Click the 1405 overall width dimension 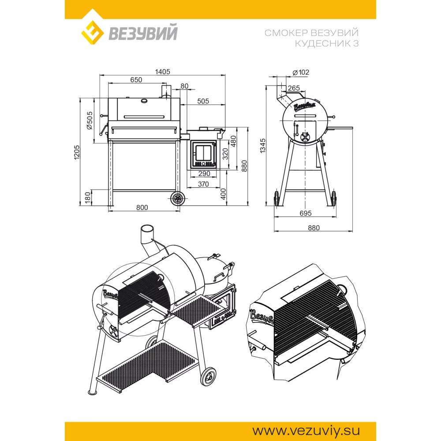click(x=163, y=72)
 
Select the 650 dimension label click(x=136, y=80)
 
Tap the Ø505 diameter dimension click(x=89, y=121)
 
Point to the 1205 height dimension click(x=77, y=153)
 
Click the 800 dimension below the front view click(x=142, y=208)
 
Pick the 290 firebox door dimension click(x=204, y=174)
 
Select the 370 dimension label click(x=203, y=184)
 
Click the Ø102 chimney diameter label click(x=301, y=73)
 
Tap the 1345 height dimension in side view click(x=263, y=146)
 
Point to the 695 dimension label click(x=306, y=213)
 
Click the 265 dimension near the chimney click(x=294, y=88)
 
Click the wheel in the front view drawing click(x=177, y=199)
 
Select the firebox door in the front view click(x=204, y=155)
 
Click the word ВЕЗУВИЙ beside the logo click(x=143, y=32)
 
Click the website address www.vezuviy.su click(x=306, y=431)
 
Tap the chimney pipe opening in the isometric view click(x=147, y=228)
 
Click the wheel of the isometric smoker click(x=209, y=377)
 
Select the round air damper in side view click(x=305, y=137)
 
